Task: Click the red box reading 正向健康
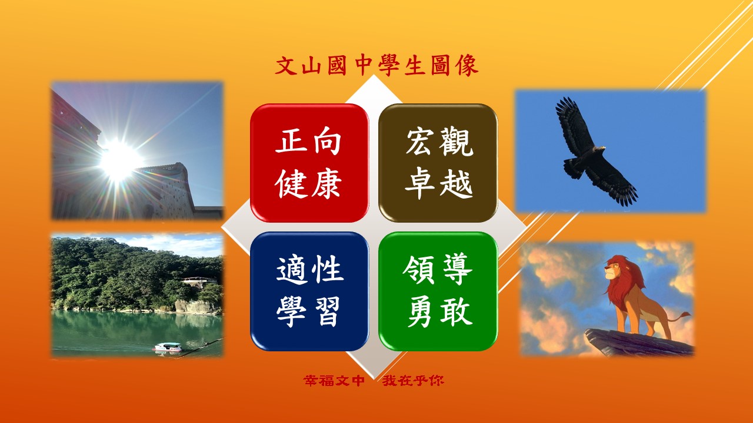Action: (x=309, y=163)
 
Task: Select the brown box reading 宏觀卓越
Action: (x=438, y=163)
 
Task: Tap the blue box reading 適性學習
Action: (x=309, y=291)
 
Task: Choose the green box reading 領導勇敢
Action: (x=438, y=291)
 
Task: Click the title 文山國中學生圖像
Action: (x=376, y=65)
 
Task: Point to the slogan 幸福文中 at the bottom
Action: (x=334, y=381)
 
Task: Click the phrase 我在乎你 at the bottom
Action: (x=413, y=381)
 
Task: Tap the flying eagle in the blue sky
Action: (x=596, y=151)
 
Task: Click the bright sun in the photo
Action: (x=118, y=160)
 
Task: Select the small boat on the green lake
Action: (x=167, y=347)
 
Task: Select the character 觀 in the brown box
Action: (x=456, y=142)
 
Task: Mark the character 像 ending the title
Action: (x=467, y=65)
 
